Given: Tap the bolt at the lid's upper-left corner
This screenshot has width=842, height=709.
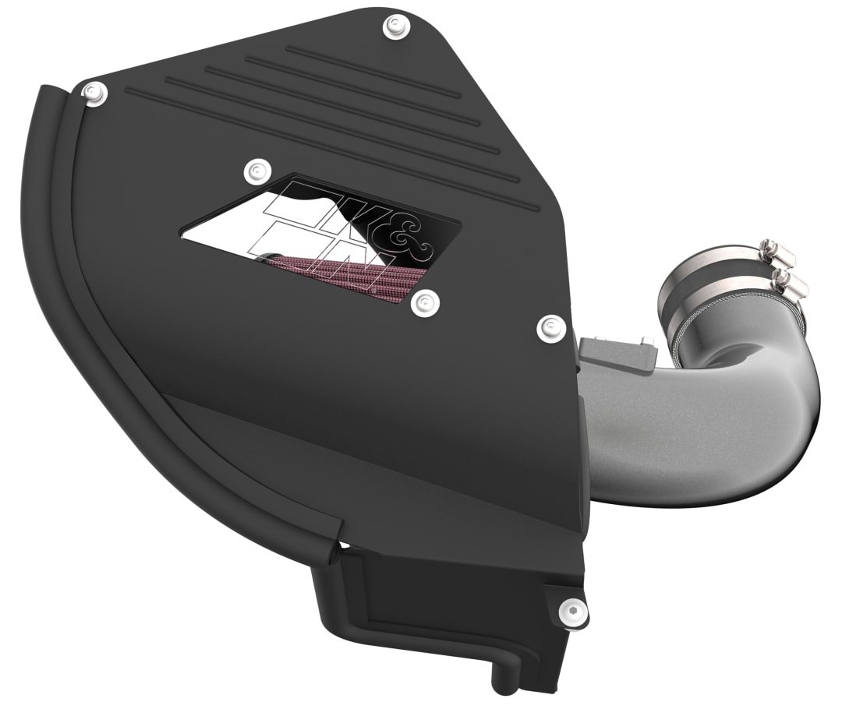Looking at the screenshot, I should (x=96, y=92).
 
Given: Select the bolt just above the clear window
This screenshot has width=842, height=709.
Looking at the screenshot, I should (x=255, y=169).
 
